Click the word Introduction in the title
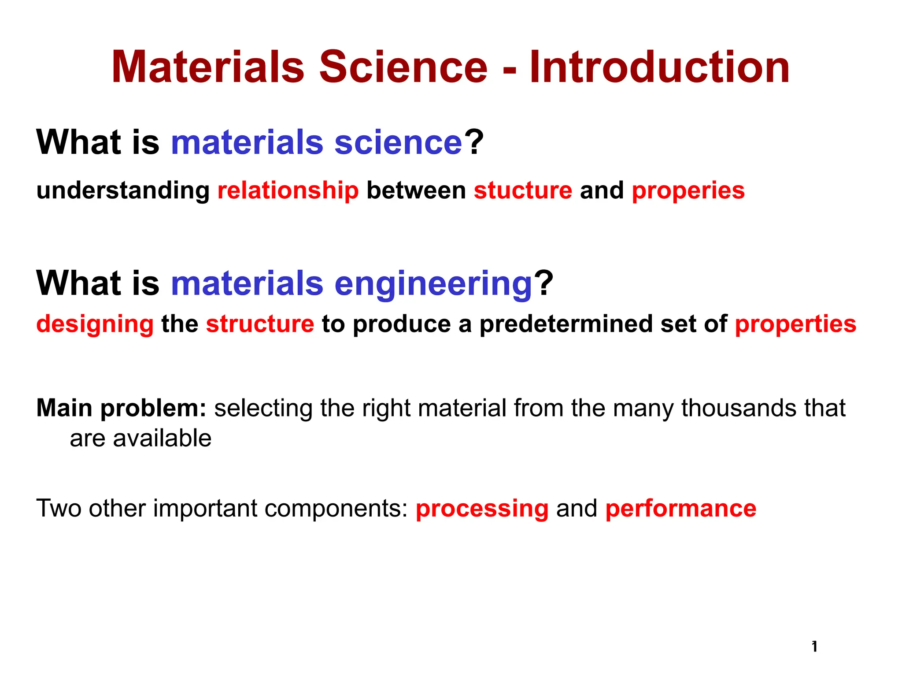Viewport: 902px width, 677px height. [659, 67]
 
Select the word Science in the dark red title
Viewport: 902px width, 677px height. [403, 67]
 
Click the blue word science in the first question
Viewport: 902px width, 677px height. [398, 143]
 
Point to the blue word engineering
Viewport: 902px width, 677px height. [434, 284]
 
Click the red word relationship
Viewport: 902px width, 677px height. [288, 191]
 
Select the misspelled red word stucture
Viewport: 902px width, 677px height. [523, 191]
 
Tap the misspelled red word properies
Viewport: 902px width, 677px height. [688, 191]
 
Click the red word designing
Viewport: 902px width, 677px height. [95, 324]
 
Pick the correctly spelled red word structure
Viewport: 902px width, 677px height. [260, 324]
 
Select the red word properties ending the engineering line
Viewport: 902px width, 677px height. [795, 324]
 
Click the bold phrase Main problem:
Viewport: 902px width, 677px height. [121, 408]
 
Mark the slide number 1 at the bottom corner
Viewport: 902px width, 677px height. [814, 647]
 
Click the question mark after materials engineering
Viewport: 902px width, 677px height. [544, 283]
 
